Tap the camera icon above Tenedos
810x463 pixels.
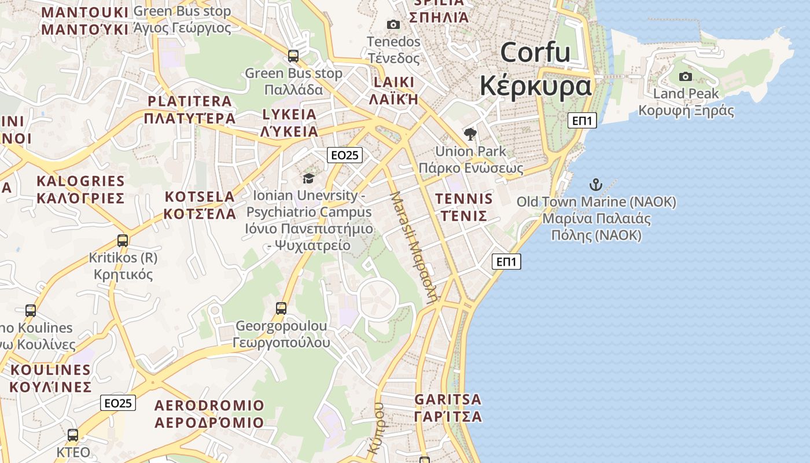click(x=393, y=24)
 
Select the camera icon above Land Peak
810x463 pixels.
click(x=686, y=76)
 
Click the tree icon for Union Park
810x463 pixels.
click(x=470, y=134)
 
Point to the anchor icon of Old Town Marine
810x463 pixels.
click(x=596, y=185)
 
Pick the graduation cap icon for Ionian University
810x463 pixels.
click(x=309, y=178)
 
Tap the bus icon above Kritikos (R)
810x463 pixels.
click(x=123, y=240)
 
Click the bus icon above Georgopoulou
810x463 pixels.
click(x=281, y=308)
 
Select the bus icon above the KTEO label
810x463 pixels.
click(x=73, y=435)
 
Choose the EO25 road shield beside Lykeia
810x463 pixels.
click(x=344, y=155)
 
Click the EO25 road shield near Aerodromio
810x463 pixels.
click(x=118, y=403)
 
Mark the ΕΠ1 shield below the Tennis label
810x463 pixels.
click(x=506, y=262)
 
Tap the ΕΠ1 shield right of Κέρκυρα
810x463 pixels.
click(x=581, y=120)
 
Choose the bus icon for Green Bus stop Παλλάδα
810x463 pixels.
click(x=293, y=56)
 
